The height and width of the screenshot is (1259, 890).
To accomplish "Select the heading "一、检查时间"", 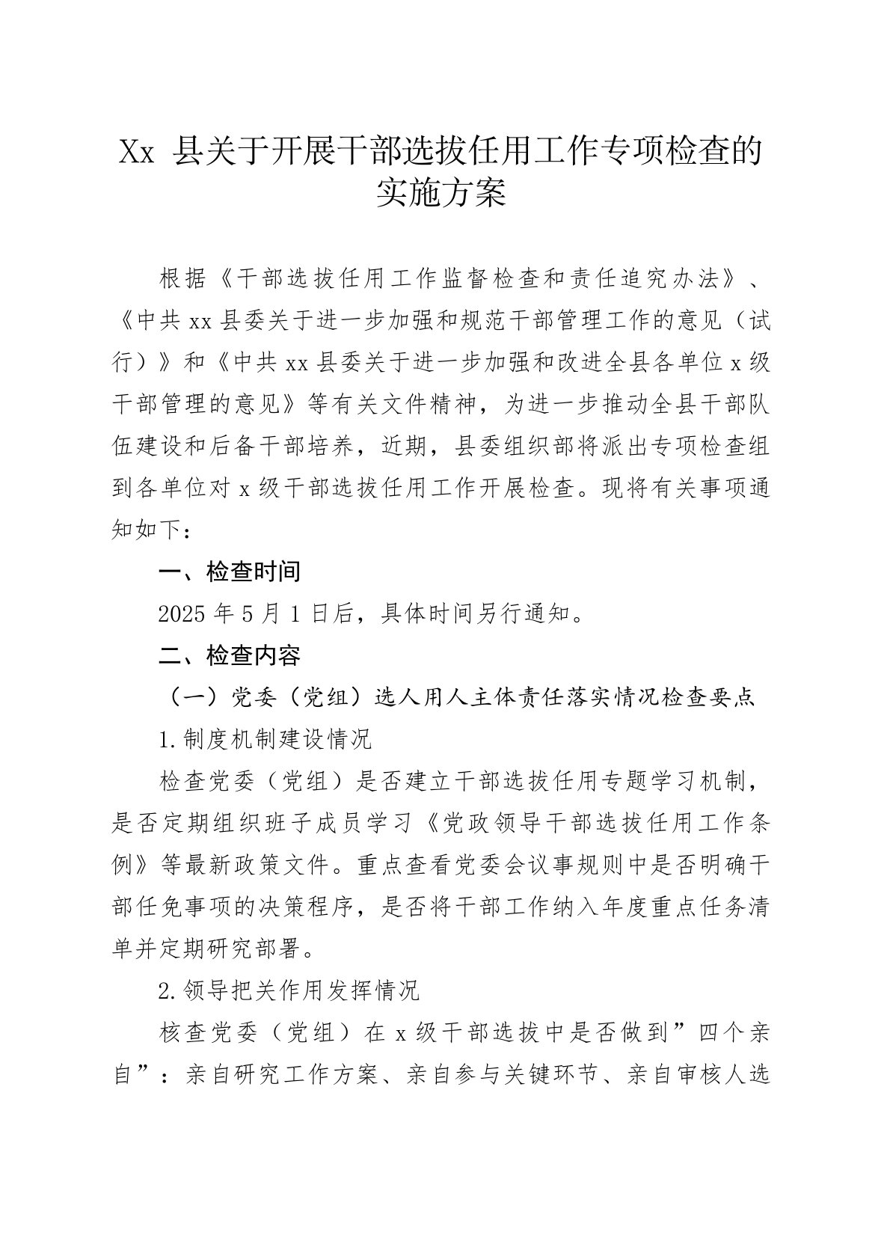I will click(x=230, y=572).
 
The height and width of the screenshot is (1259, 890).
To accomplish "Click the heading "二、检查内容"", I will click(x=230, y=656).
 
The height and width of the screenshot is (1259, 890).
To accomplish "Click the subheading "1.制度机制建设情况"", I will click(x=266, y=740).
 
